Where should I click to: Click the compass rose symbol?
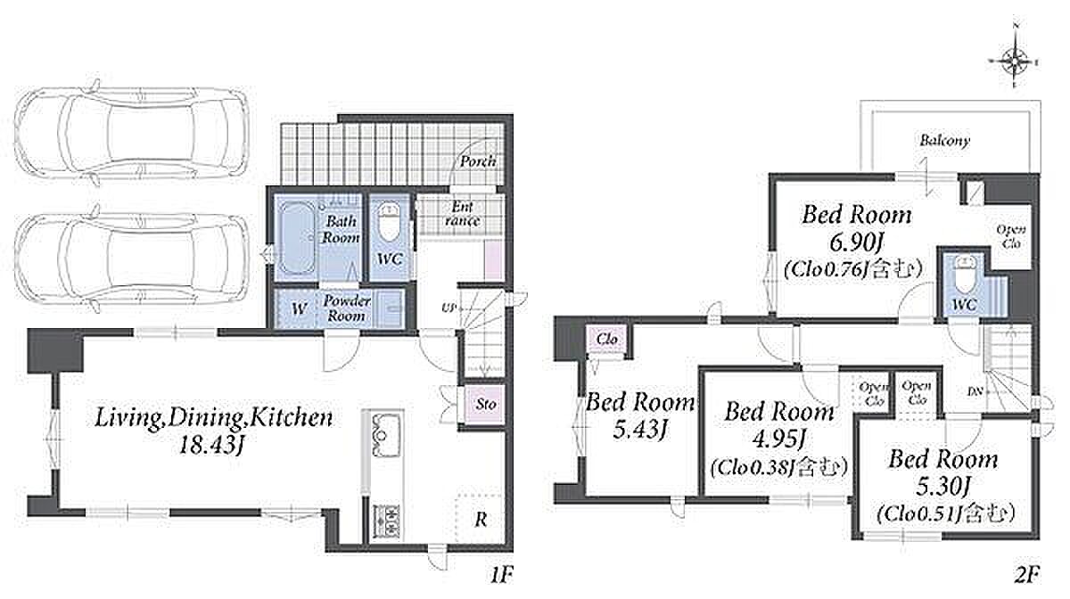click(1014, 62)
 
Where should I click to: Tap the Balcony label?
click(945, 141)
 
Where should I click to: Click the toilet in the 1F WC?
click(389, 223)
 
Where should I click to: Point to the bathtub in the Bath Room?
click(296, 237)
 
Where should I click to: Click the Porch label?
click(478, 161)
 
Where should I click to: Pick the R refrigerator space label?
click(481, 520)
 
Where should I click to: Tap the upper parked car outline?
click(131, 130)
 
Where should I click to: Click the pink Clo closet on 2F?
click(607, 340)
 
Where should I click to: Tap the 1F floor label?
click(500, 575)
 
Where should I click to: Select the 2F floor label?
click(1026, 575)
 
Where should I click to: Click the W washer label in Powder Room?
click(298, 309)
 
